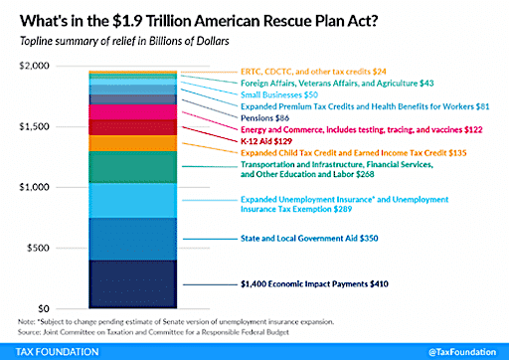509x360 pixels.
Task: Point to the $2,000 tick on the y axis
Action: click(x=32, y=66)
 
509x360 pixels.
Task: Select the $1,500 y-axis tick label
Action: click(x=32, y=126)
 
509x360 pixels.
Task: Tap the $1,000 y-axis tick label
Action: click(x=32, y=187)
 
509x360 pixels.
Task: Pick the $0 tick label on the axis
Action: click(x=43, y=308)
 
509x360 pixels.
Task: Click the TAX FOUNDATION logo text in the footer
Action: click(x=52, y=349)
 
